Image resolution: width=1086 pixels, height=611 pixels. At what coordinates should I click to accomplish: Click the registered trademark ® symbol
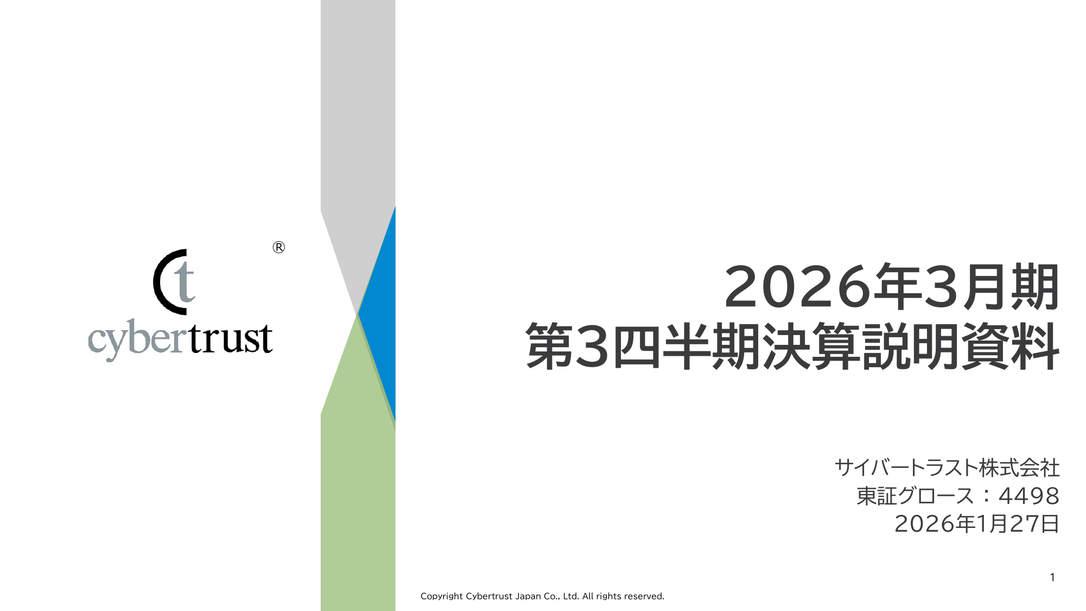click(x=278, y=248)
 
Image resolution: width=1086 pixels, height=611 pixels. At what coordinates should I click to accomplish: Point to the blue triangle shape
click(x=380, y=314)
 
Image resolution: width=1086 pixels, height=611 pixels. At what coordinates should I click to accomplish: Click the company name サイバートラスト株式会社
click(x=947, y=468)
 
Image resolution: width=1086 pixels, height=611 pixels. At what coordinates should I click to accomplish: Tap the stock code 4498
click(x=1029, y=496)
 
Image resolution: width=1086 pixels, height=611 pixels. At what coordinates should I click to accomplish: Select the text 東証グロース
click(x=915, y=496)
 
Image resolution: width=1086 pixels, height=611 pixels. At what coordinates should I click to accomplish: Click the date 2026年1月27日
click(x=977, y=524)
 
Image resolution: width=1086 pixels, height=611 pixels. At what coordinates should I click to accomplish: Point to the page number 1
click(x=1052, y=577)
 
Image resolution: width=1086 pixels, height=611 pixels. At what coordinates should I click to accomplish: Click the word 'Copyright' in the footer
click(x=442, y=596)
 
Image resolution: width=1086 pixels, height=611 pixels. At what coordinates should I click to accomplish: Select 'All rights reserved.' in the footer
click(x=623, y=596)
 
